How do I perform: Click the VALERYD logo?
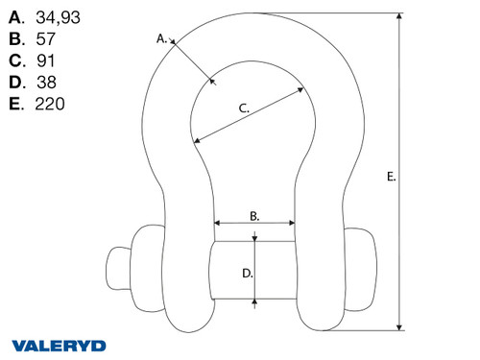coord(60,345)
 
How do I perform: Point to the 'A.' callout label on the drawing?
coord(161,38)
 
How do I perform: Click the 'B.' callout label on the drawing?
coord(254,217)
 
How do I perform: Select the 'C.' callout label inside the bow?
coord(244,109)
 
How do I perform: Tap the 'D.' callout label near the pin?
coord(247,273)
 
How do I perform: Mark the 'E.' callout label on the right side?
coord(390,177)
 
